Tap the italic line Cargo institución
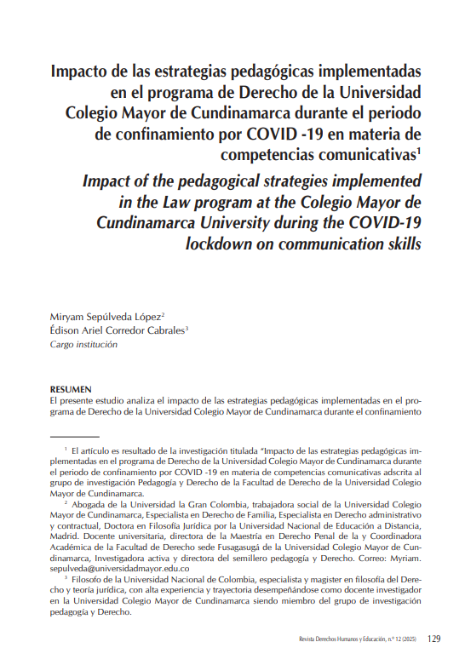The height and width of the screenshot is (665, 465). (x=85, y=345)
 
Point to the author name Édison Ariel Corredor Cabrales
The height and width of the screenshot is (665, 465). (x=117, y=330)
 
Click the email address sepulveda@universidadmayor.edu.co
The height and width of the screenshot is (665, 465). (x=118, y=566)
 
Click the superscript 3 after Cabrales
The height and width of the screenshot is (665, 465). (x=187, y=328)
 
